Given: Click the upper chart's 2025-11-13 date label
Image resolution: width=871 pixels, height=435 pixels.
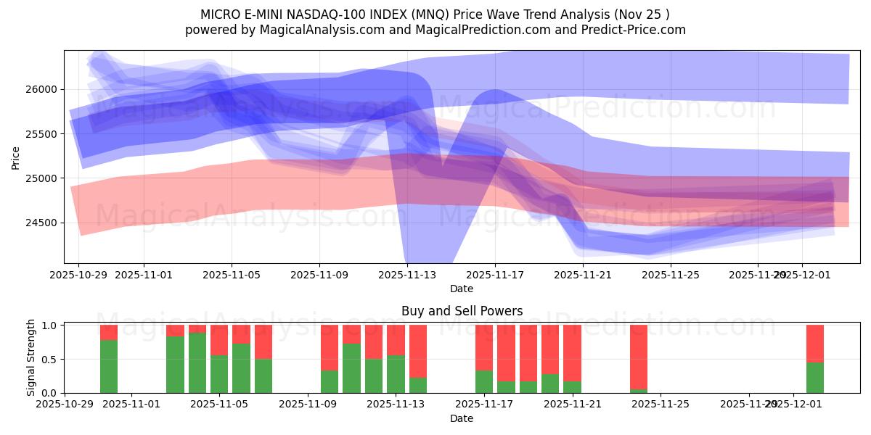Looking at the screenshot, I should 407,275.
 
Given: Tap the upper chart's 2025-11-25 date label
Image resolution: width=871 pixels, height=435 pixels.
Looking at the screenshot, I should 671,275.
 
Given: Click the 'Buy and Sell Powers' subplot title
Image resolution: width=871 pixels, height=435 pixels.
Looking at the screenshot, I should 462,311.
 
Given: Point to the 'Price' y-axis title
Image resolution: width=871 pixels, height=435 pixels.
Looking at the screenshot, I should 16,157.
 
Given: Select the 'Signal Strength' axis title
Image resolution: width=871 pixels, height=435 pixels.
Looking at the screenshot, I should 30,357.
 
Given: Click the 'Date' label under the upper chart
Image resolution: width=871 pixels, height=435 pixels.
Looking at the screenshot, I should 462,289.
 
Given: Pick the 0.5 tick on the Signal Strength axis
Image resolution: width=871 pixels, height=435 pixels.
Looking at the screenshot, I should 50,360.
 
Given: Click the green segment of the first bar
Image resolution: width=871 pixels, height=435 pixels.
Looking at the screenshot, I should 109,366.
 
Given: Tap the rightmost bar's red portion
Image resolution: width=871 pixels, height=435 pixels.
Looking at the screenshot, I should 815,343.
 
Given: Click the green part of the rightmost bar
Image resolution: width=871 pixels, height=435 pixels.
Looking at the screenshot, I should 815,377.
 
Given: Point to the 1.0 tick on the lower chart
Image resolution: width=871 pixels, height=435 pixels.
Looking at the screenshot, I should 50,326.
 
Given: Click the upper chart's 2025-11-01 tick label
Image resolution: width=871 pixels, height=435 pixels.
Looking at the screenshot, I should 144,275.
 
